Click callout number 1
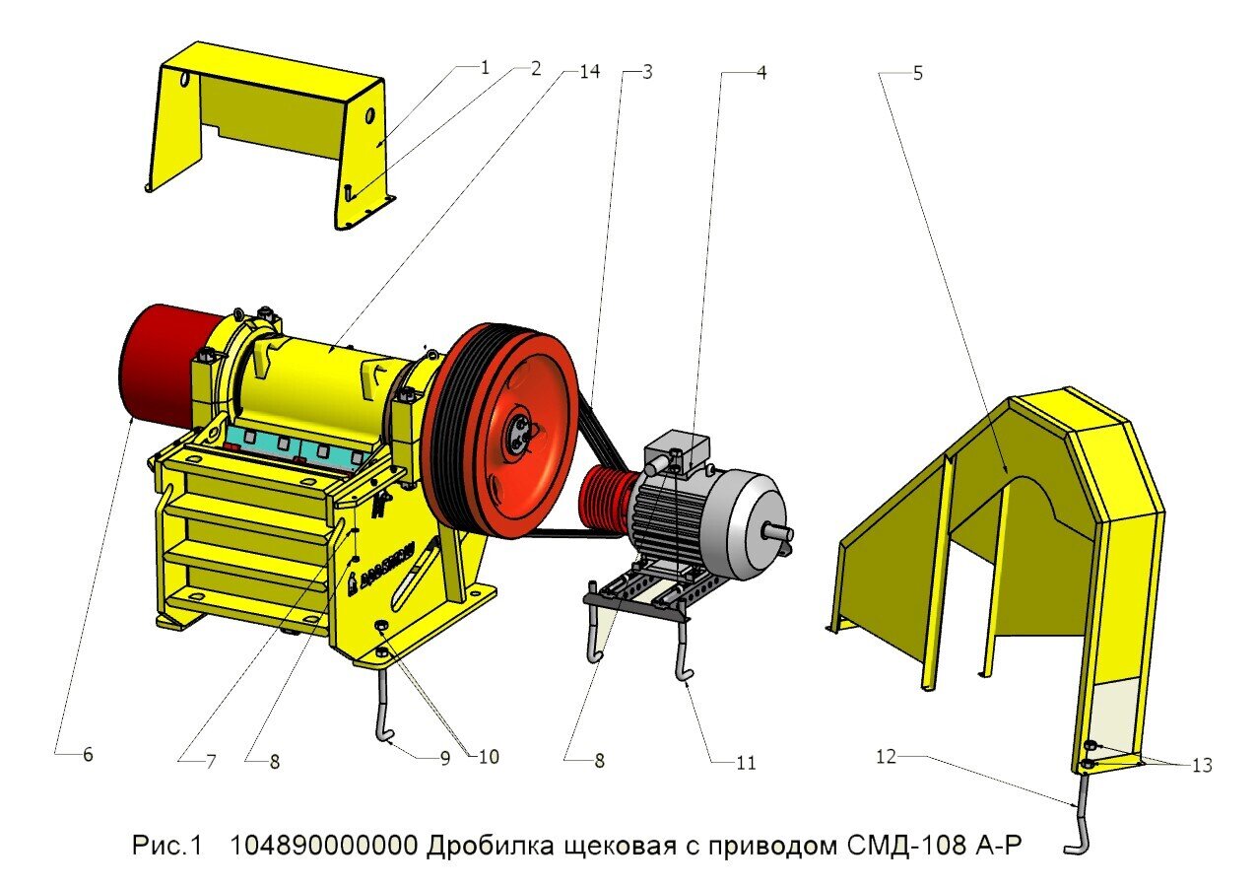pos(485,68)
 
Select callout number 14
pos(590,71)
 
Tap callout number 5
pos(917,74)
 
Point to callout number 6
pos(88,755)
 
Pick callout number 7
pos(211,761)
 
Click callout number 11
pos(746,763)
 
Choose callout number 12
pos(886,757)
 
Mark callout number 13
pos(1202,765)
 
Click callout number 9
pos(445,759)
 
